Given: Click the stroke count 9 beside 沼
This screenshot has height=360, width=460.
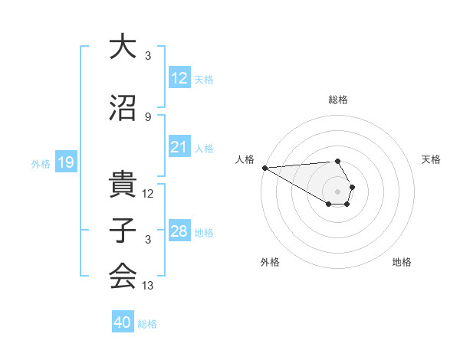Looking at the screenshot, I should pyautogui.click(x=148, y=116).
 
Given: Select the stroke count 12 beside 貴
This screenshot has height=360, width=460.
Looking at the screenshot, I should pyautogui.click(x=148, y=194).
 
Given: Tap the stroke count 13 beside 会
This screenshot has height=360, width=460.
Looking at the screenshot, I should pyautogui.click(x=148, y=286).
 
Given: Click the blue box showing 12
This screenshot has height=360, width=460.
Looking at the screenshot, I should pyautogui.click(x=179, y=79).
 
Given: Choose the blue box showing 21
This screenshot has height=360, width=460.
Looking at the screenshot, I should pyautogui.click(x=179, y=148).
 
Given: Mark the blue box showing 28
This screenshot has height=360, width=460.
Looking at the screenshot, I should pyautogui.click(x=179, y=231).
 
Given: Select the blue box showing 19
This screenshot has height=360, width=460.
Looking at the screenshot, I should pyautogui.click(x=65, y=162).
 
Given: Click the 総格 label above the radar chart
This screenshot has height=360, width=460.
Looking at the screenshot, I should pyautogui.click(x=338, y=100).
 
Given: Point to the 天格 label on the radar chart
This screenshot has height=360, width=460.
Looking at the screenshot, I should pyautogui.click(x=432, y=159).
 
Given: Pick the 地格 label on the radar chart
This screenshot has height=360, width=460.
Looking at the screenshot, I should pyautogui.click(x=402, y=262).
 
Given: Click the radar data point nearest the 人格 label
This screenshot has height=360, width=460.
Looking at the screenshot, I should pyautogui.click(x=264, y=168).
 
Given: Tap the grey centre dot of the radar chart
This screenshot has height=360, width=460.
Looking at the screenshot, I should pyautogui.click(x=338, y=191).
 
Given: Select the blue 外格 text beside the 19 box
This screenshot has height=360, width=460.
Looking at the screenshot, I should pyautogui.click(x=40, y=163).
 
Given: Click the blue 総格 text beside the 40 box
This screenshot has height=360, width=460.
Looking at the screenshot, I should pyautogui.click(x=147, y=324).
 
